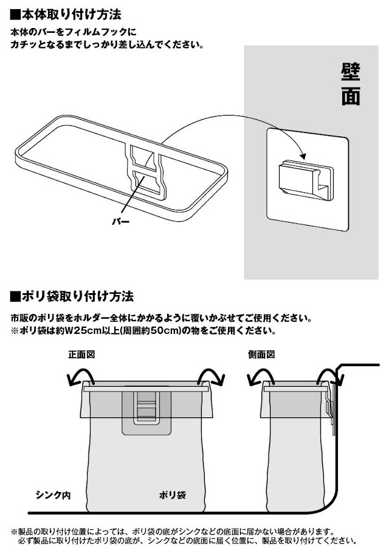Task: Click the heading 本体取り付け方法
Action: pos(71,15)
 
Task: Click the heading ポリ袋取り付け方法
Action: pos(77,296)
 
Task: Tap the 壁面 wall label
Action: pos(351,84)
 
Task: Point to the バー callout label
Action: pos(121,222)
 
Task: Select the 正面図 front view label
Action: pos(82,355)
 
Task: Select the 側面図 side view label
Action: pos(261,355)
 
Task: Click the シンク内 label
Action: pos(53,495)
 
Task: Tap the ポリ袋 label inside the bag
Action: pos(173,495)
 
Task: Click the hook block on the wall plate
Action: pos(306,179)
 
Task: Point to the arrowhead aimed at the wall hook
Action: pos(303,156)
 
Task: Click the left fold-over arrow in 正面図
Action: pos(80,377)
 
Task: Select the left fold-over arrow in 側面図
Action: pos(260,377)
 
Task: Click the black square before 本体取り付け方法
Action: pos(16,15)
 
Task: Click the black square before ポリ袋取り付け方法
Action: pos(16,296)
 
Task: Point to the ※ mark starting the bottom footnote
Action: pos(14,532)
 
